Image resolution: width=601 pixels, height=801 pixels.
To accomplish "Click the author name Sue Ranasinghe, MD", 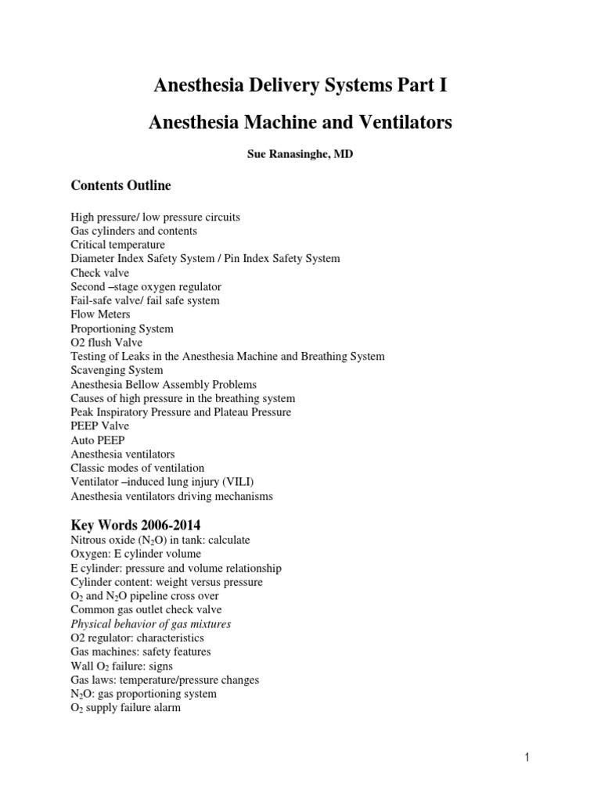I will [300, 155].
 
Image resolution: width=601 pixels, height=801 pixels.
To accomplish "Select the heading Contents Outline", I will [121, 186].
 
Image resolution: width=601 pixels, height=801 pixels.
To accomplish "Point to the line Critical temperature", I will [117, 245].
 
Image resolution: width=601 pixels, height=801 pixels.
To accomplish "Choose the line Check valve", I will [99, 272].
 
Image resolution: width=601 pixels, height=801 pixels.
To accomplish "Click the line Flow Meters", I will [100, 314].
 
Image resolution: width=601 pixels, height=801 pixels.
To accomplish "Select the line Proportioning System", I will [122, 329].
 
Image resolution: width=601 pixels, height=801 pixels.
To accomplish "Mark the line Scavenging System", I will [117, 371].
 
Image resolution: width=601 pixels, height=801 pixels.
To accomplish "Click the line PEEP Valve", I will [99, 426].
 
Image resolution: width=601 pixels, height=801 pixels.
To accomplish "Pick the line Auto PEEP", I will [97, 440].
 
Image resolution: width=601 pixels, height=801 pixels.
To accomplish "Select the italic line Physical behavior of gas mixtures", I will [151, 623].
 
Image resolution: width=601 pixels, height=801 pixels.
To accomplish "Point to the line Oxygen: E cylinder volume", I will [135, 554].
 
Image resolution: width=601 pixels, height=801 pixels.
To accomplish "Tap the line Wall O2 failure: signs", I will [121, 666].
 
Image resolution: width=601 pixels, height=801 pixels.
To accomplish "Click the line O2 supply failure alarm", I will [125, 708].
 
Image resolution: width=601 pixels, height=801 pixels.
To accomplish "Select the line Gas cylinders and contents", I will [134, 231].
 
